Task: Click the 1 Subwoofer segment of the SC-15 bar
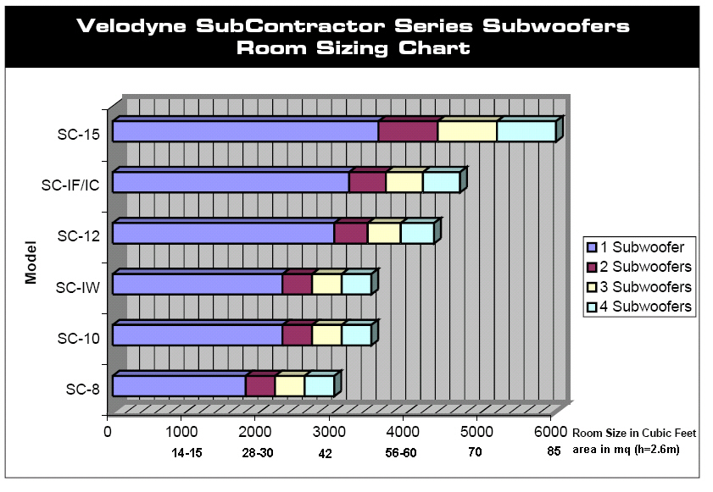[x=246, y=131]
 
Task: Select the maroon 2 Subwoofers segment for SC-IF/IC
[x=367, y=182]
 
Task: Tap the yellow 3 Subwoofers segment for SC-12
[x=384, y=233]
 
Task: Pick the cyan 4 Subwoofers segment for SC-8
[x=320, y=386]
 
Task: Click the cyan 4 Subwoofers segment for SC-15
[x=526, y=131]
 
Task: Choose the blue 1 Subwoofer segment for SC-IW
[x=198, y=285]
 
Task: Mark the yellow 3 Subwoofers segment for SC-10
[x=327, y=335]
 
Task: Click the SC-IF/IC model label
[x=70, y=185]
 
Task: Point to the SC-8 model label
[x=83, y=390]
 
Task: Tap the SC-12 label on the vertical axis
[x=78, y=236]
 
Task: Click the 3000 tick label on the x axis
[x=329, y=432]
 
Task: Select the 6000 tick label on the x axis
[x=551, y=432]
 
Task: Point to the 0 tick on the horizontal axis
[x=108, y=432]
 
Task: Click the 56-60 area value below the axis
[x=401, y=453]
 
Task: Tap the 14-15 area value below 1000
[x=187, y=453]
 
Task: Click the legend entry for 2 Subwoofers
[x=639, y=267]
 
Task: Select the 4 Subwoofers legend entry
[x=639, y=307]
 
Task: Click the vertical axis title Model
[x=31, y=263]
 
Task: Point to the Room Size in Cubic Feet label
[x=634, y=433]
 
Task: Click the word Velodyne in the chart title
[x=131, y=26]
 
